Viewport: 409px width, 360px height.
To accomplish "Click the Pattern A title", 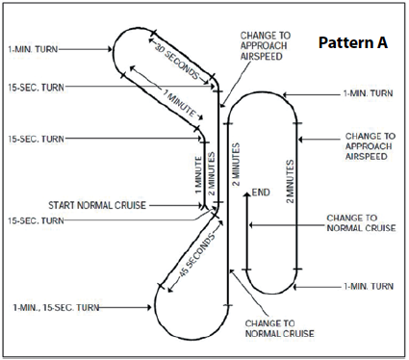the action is [x=353, y=42].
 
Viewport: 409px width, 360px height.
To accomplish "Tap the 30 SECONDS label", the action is [x=177, y=61].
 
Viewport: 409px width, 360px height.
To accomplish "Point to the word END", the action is [x=261, y=193].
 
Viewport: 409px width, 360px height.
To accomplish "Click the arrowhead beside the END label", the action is [x=246, y=195].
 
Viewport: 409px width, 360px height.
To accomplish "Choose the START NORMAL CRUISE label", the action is [x=97, y=205].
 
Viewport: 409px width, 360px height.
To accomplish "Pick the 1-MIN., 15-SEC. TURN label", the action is [x=56, y=307].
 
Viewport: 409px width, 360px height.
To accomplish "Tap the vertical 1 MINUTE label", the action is [x=199, y=175].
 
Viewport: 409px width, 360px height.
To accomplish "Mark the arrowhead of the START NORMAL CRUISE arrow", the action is [x=202, y=205].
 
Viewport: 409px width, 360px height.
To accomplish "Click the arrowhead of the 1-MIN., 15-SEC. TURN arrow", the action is [x=149, y=307].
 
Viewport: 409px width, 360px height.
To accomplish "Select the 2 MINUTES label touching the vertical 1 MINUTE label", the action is [x=211, y=173].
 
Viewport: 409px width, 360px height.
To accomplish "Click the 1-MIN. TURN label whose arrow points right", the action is [x=33, y=49].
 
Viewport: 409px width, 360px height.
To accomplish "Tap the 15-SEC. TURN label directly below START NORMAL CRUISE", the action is [x=36, y=220].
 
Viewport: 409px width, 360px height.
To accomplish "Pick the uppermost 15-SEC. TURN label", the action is [x=36, y=88].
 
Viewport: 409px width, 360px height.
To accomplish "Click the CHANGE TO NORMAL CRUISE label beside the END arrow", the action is [x=361, y=223].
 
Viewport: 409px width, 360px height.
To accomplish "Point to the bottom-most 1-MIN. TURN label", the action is [x=369, y=286].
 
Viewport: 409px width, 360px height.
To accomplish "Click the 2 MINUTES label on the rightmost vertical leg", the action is [x=290, y=181].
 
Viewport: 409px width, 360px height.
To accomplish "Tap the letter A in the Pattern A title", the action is [x=382, y=42].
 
